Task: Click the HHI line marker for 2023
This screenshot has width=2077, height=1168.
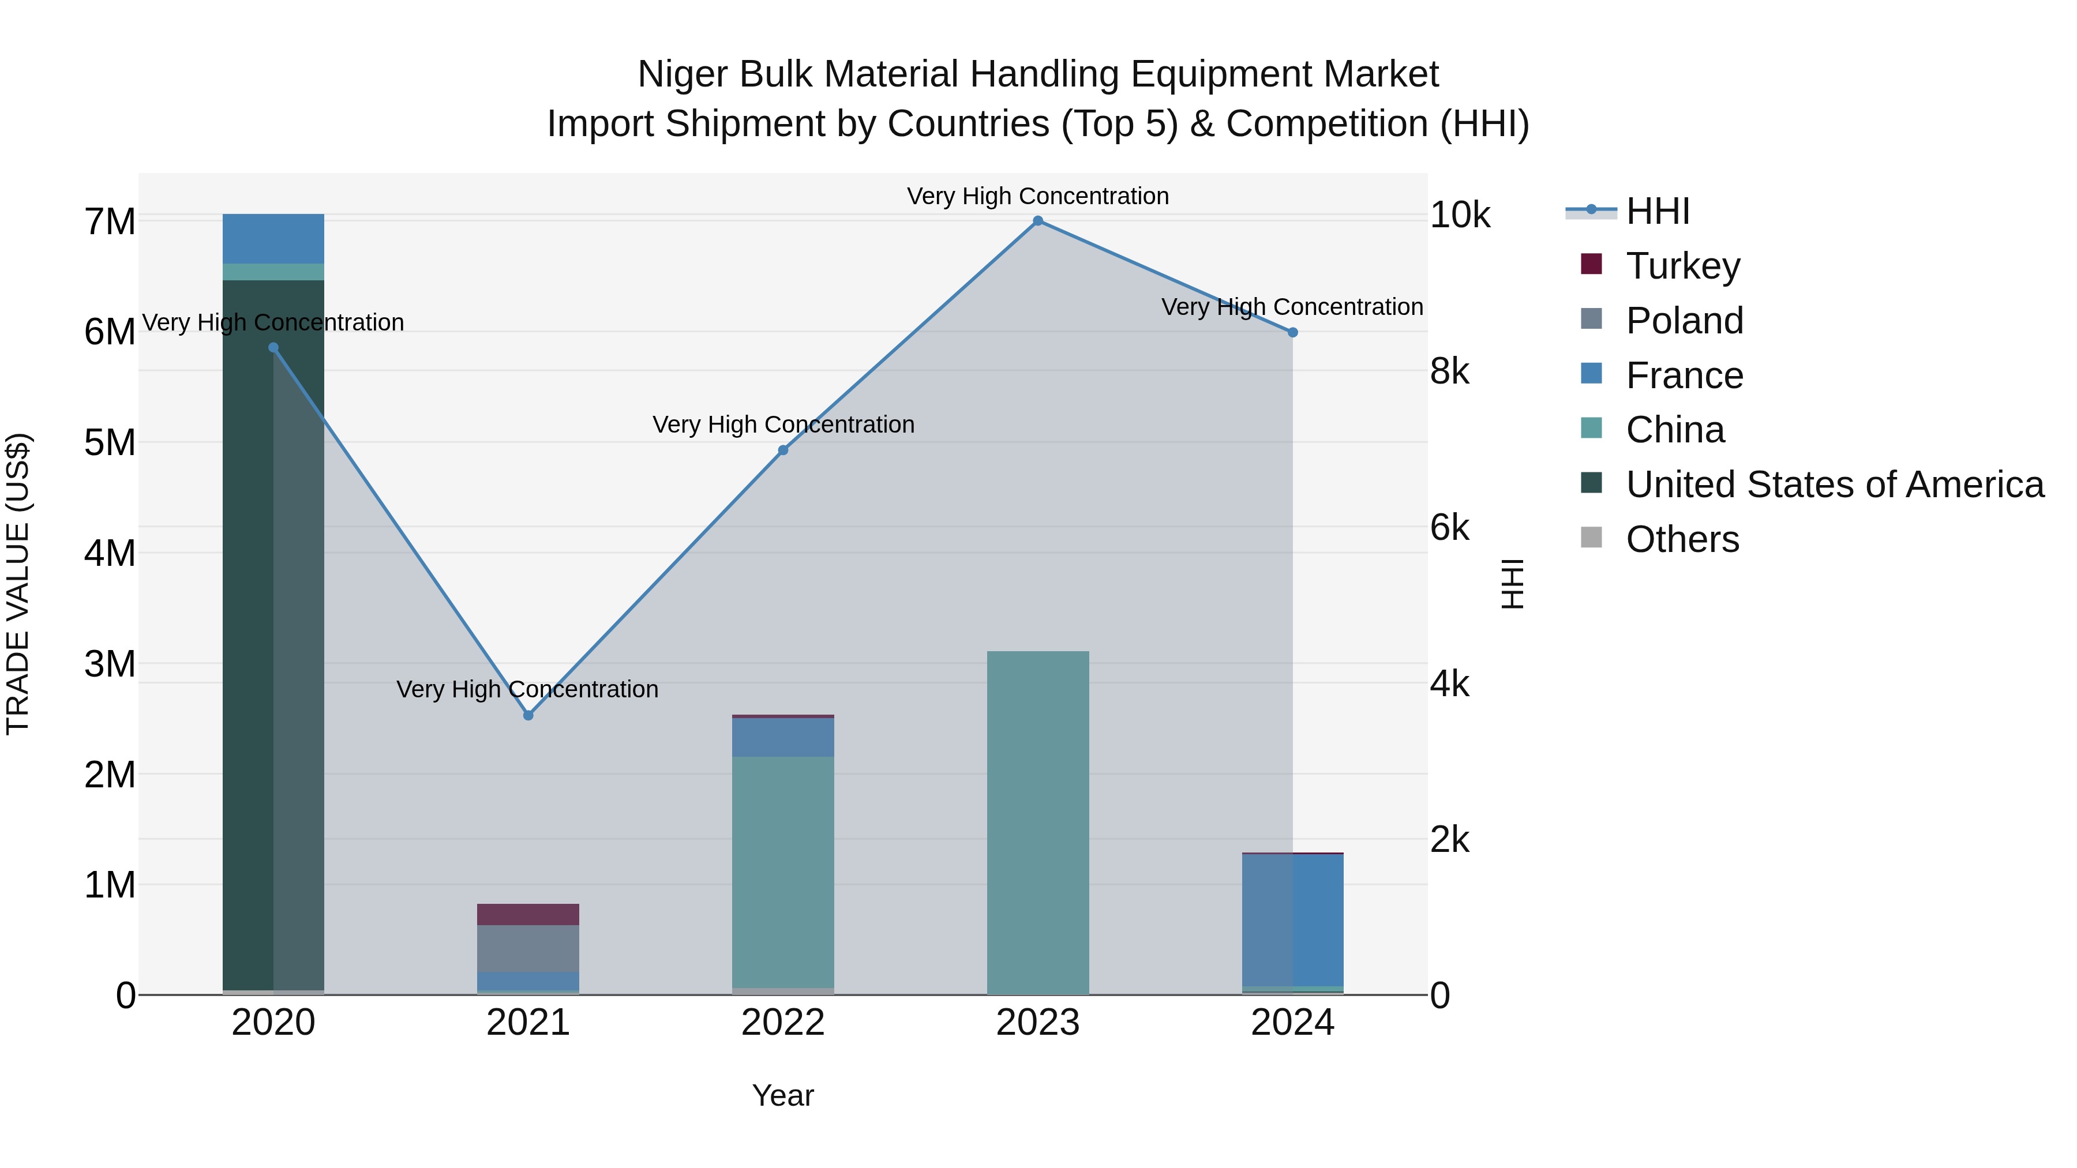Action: click(1038, 221)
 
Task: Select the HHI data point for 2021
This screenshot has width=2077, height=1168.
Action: click(528, 715)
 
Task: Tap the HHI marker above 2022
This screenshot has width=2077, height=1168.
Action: click(783, 450)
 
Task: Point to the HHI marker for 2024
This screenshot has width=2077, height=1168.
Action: click(1292, 332)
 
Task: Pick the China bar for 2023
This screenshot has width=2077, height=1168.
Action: click(1038, 822)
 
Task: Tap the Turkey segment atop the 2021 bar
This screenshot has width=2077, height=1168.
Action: click(528, 914)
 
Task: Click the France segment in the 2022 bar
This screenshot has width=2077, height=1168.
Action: click(783, 737)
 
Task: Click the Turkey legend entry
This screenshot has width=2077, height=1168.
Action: click(1683, 265)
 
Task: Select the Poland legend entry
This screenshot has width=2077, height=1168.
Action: click(1684, 320)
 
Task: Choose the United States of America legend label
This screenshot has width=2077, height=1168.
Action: click(1834, 485)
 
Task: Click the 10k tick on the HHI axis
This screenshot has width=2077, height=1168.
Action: click(1460, 215)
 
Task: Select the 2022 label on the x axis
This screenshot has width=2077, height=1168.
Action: click(783, 1023)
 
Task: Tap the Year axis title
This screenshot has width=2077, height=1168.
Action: click(783, 1095)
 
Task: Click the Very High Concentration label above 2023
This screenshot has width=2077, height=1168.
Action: click(1038, 196)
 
